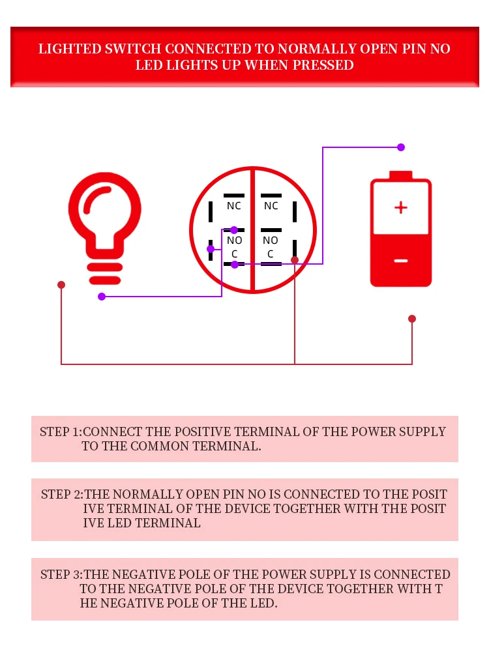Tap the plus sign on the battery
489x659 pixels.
point(401,208)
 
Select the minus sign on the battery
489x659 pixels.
point(401,261)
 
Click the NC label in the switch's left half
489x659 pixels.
point(233,206)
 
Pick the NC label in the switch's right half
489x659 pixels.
point(271,206)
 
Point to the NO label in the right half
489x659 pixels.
point(271,241)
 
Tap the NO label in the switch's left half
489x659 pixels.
point(234,241)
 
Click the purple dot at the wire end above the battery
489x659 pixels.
point(401,147)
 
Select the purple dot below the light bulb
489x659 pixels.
point(102,297)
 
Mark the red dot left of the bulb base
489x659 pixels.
point(61,285)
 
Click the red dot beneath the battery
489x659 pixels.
point(412,319)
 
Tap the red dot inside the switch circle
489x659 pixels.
point(295,260)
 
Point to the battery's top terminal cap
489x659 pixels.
point(401,175)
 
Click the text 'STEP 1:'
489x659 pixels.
point(61,432)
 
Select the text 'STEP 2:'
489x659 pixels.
point(62,494)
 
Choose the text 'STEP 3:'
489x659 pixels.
point(61,574)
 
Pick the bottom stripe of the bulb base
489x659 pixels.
point(105,280)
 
